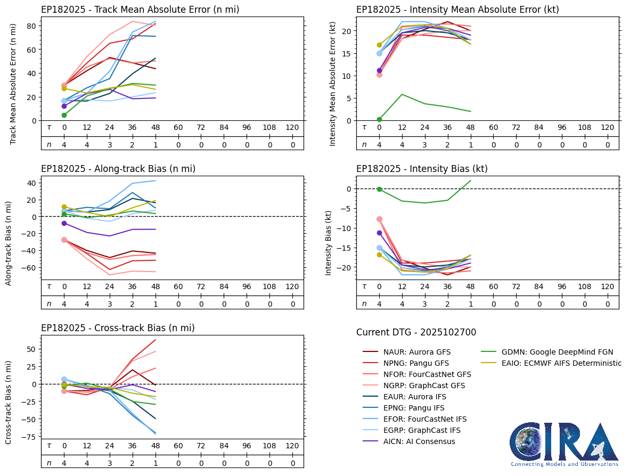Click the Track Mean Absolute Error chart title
click(140, 10)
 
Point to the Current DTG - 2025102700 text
click(416, 333)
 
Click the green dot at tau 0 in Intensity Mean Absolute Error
click(379, 119)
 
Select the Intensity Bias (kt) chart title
click(422, 169)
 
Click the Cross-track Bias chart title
click(118, 328)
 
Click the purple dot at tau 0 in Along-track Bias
click(64, 223)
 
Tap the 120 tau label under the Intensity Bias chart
click(607, 286)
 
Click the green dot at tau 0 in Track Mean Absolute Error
click(64, 115)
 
